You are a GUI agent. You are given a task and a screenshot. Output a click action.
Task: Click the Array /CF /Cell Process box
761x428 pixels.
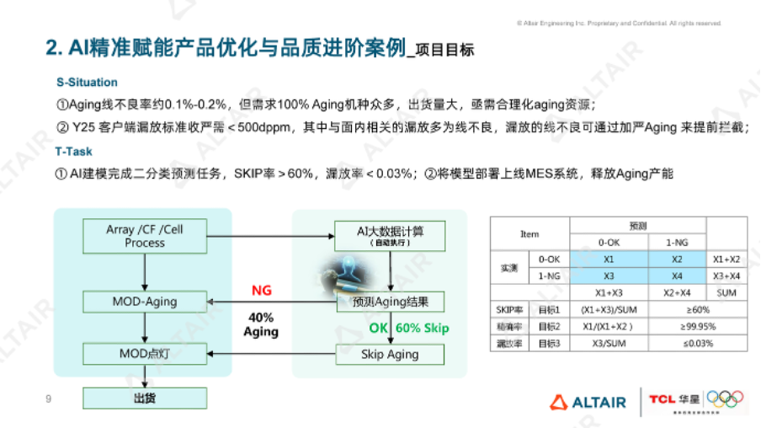click(145, 236)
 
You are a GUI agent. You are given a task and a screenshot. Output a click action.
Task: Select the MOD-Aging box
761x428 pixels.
click(145, 302)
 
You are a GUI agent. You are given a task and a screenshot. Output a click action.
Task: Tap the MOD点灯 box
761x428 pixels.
click(145, 354)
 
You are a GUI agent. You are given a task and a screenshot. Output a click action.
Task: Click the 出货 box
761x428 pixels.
click(145, 398)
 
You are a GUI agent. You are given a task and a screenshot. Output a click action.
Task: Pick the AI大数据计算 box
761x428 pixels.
click(389, 235)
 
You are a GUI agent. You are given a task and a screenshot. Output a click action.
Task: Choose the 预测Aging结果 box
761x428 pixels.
click(389, 302)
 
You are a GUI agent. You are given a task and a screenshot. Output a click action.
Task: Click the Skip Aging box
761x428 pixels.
click(389, 354)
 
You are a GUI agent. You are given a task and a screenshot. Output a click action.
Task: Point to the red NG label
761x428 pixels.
click(261, 291)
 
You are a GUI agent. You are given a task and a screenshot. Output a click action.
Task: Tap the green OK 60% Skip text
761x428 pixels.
click(409, 328)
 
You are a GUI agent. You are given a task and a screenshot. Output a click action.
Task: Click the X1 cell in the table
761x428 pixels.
click(609, 259)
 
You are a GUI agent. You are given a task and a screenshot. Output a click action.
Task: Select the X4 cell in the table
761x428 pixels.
click(677, 276)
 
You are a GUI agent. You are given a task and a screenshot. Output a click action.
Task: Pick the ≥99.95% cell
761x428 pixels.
click(677, 326)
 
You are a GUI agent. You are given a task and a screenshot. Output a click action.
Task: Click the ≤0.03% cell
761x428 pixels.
click(677, 343)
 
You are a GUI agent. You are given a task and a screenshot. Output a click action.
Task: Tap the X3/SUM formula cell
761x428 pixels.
click(609, 343)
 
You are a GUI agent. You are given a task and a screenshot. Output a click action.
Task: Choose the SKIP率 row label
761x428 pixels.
click(507, 309)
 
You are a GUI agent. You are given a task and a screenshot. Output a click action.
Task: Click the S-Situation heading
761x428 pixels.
click(87, 83)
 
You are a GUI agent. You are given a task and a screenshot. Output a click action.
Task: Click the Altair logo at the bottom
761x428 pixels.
click(588, 402)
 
